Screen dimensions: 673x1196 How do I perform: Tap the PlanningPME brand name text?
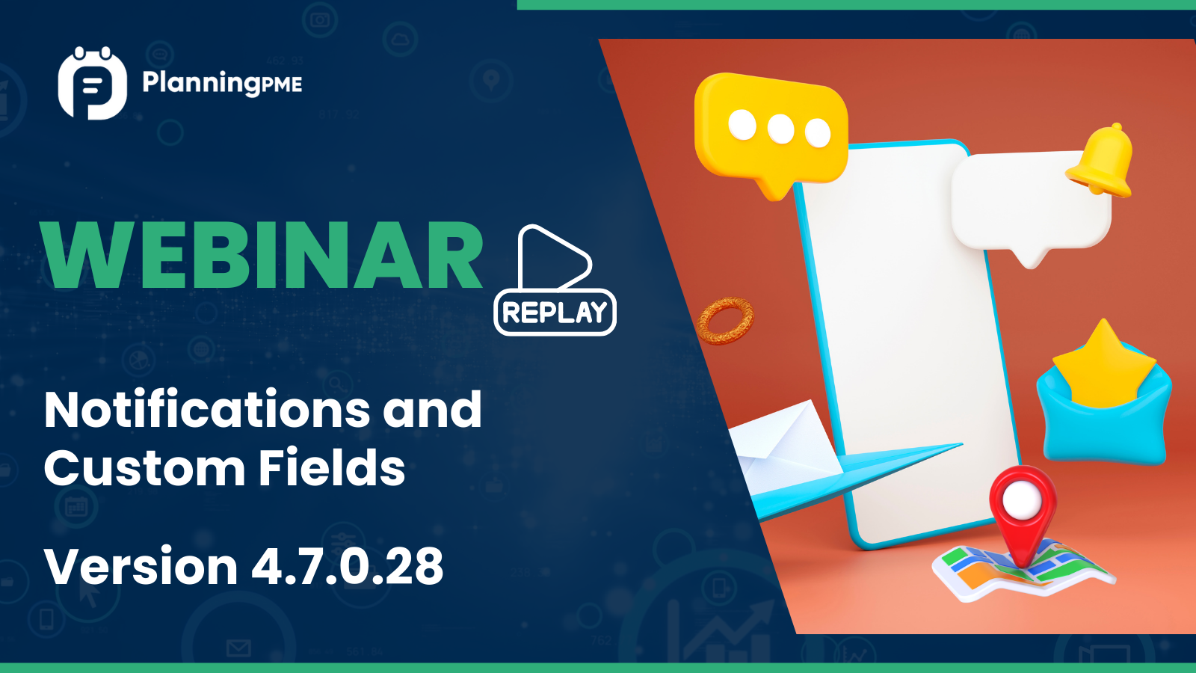pyautogui.click(x=222, y=83)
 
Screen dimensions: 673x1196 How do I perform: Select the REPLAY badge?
pyautogui.click(x=555, y=312)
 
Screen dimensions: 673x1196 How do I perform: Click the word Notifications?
pyautogui.click(x=207, y=410)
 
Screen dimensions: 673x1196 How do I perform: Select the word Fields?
pyautogui.click(x=332, y=468)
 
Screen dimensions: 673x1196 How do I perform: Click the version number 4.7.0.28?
pyautogui.click(x=348, y=566)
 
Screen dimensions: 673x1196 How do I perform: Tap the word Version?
pyautogui.click(x=141, y=566)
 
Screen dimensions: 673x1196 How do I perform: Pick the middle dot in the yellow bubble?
pyautogui.click(x=780, y=129)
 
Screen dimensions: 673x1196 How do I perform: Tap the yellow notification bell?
pyautogui.click(x=1101, y=161)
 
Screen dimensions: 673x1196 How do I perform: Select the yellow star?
pyautogui.click(x=1103, y=364)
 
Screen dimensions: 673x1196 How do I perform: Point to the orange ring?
pyautogui.click(x=725, y=320)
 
